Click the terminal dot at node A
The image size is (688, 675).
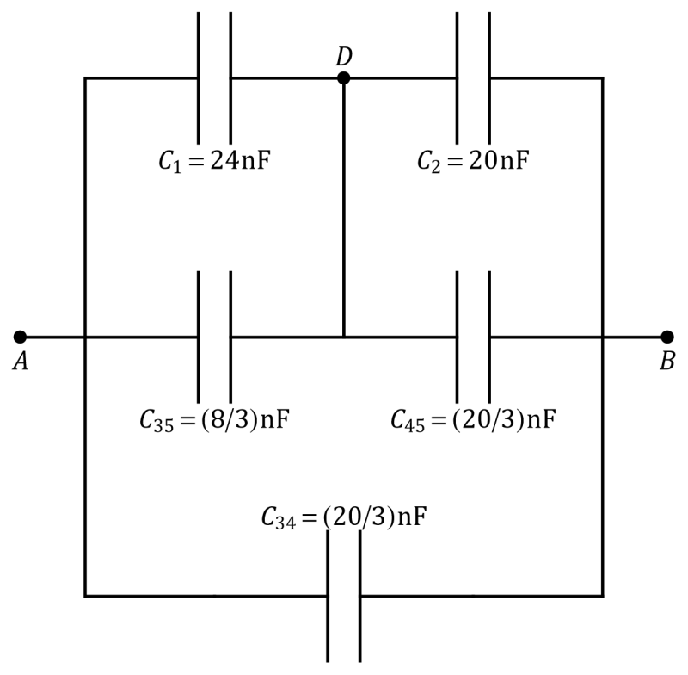click(x=20, y=337)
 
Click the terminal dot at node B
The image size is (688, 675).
click(x=667, y=337)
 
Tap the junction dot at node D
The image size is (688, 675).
click(x=343, y=78)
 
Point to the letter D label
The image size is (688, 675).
click(x=344, y=57)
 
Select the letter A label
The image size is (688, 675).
click(x=20, y=362)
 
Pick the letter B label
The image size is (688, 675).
click(x=667, y=362)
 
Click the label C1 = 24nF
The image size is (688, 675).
click(x=214, y=161)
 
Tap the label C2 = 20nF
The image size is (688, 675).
click(x=473, y=161)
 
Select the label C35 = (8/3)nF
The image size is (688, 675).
click(x=214, y=420)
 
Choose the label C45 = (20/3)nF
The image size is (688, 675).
click(x=474, y=420)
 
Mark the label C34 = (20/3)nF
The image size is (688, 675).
click(x=344, y=517)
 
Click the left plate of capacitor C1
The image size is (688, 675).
click(x=199, y=78)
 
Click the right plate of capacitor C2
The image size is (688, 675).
click(x=489, y=78)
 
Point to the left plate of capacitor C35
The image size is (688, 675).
click(x=199, y=337)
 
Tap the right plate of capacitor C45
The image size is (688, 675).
click(x=489, y=337)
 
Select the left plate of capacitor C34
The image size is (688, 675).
click(x=328, y=596)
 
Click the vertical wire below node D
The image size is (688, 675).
click(x=343, y=207)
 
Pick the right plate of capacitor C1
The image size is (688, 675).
click(x=230, y=78)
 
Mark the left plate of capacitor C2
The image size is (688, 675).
click(x=458, y=78)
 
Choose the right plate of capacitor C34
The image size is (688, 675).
click(x=360, y=596)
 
